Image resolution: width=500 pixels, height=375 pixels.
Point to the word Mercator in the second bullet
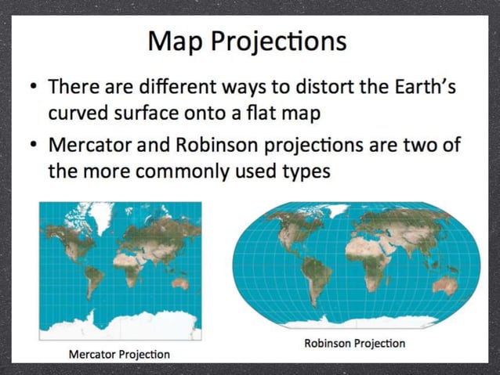(x=94, y=146)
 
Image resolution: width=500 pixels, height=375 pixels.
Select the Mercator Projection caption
(x=119, y=354)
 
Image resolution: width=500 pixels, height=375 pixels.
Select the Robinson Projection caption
(x=354, y=343)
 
